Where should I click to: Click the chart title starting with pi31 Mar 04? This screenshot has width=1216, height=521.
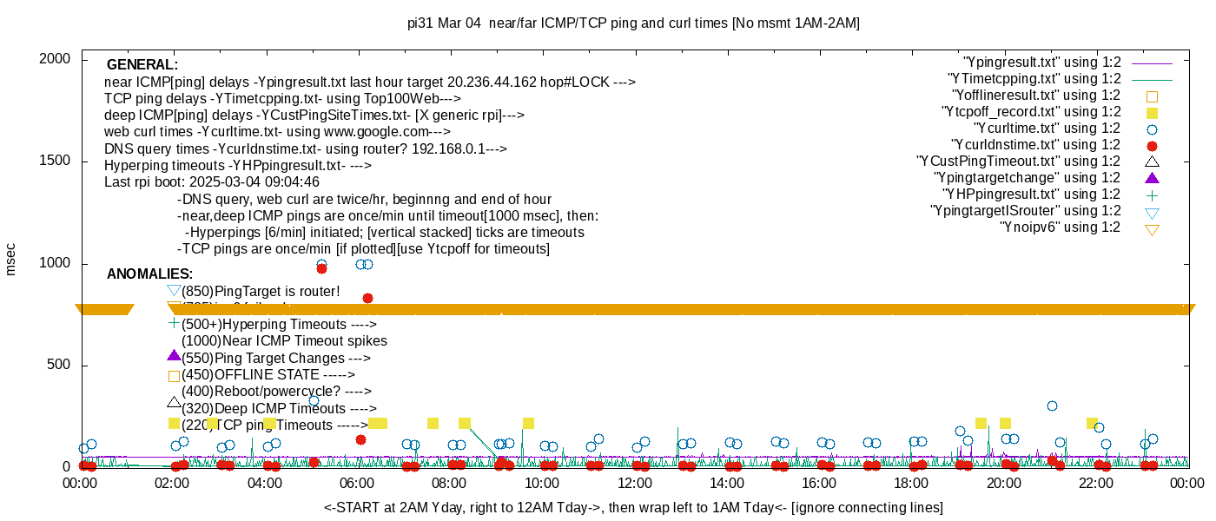point(633,23)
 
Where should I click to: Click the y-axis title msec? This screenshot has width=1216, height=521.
point(11,259)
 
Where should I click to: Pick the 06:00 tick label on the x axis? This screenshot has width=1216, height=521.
point(357,483)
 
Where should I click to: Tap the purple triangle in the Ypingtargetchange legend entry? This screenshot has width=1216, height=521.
point(1152,178)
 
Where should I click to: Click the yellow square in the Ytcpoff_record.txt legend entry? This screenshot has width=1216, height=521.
point(1152,113)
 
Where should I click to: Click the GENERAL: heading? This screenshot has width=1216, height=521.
point(142,65)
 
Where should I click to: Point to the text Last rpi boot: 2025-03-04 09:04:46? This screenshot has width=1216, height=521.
point(212,182)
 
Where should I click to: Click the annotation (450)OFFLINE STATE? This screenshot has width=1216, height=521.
point(268,375)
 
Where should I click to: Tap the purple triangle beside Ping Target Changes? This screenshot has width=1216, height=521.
point(174,356)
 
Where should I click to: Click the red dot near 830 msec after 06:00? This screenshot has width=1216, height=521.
point(367,298)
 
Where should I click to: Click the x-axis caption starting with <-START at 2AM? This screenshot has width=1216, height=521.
point(633,507)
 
